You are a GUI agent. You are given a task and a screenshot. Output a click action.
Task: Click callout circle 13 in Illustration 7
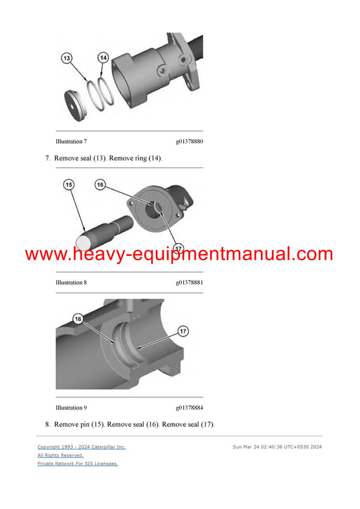pyautogui.click(x=67, y=58)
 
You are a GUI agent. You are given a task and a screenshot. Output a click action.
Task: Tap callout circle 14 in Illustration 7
pyautogui.click(x=103, y=58)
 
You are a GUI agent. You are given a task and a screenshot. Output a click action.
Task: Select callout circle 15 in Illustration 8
pyautogui.click(x=69, y=185)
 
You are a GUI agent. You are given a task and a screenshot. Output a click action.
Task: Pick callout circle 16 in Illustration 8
pyautogui.click(x=100, y=185)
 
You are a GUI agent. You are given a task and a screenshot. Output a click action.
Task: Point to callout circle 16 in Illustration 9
pyautogui.click(x=78, y=319)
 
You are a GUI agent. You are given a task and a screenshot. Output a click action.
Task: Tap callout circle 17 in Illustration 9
pyautogui.click(x=183, y=330)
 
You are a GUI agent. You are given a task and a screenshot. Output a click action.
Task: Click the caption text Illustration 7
pyautogui.click(x=71, y=141)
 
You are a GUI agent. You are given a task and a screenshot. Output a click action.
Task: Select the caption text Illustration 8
pyautogui.click(x=71, y=282)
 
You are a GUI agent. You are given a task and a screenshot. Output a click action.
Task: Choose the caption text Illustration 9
pyautogui.click(x=71, y=408)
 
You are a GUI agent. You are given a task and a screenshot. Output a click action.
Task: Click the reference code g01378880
pyautogui.click(x=189, y=141)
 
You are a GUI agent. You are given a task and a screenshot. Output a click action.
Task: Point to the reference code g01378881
pyautogui.click(x=189, y=282)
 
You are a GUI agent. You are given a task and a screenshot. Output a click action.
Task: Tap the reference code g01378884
pyautogui.click(x=189, y=408)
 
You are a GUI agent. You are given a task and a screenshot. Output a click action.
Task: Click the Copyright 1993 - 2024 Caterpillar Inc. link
pyautogui.click(x=82, y=447)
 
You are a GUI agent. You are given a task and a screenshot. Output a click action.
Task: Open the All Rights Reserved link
pyautogui.click(x=60, y=455)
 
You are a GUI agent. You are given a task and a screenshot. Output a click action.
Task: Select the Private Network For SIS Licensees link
pyautogui.click(x=77, y=463)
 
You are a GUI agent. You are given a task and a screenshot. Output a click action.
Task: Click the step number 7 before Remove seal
pyautogui.click(x=47, y=158)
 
